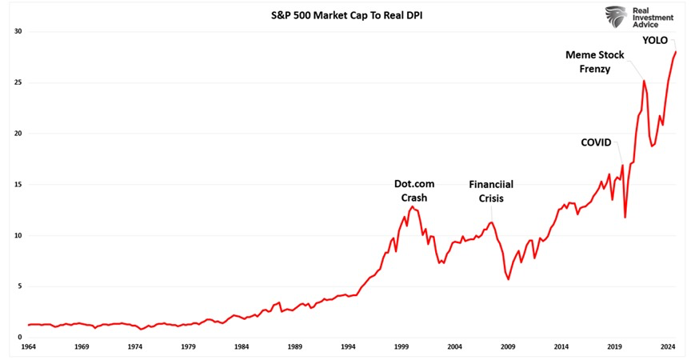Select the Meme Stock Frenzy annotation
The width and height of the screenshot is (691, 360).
(594, 62)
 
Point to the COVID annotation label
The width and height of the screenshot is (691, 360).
(596, 142)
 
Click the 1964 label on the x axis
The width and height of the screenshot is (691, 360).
(30, 348)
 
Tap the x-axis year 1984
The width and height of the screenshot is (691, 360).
(242, 348)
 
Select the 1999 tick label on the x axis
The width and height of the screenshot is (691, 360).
(401, 348)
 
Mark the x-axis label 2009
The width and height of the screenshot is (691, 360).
(508, 348)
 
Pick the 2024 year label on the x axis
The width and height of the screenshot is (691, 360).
(667, 348)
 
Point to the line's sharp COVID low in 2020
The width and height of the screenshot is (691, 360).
(625, 217)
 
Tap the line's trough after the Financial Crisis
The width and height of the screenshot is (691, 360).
(509, 279)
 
